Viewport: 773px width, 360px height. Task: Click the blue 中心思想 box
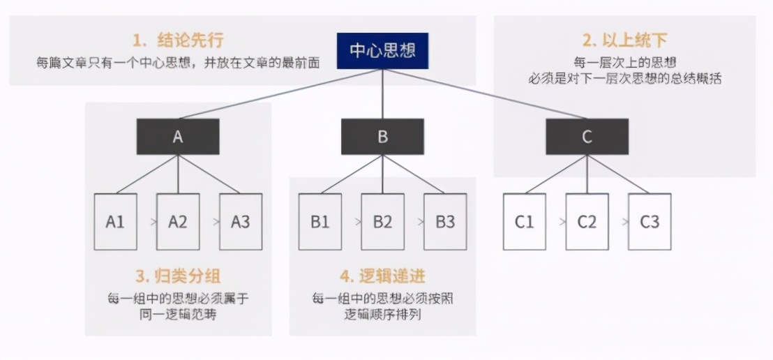tap(382, 51)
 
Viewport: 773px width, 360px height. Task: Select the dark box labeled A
tap(178, 137)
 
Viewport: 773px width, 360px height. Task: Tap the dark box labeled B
tap(382, 137)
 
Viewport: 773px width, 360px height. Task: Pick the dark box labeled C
tap(587, 137)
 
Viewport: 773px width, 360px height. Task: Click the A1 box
tap(115, 222)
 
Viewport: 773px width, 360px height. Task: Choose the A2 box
tap(178, 222)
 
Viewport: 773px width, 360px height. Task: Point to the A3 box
tap(241, 222)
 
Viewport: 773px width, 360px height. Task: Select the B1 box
tap(320, 222)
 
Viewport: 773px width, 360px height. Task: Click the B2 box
tap(382, 222)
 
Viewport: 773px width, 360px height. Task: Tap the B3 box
tap(445, 222)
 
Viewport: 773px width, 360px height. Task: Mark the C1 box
tap(525, 222)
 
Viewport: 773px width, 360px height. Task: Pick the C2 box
tap(587, 222)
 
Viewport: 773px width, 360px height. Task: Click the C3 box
tap(650, 222)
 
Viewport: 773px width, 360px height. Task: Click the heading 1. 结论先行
tap(178, 38)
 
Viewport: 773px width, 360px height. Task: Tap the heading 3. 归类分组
tap(178, 277)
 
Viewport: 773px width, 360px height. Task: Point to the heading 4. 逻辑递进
tap(382, 277)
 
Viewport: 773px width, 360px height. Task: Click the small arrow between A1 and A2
tap(147, 223)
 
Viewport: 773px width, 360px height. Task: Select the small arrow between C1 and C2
tap(556, 223)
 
